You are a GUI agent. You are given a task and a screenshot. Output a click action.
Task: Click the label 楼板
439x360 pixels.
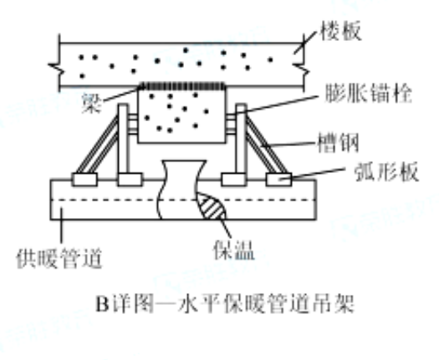(x=340, y=31)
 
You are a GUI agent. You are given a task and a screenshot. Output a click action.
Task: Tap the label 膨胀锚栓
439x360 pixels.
(x=369, y=94)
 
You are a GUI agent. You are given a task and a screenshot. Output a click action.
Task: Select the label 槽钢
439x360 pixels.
(x=338, y=143)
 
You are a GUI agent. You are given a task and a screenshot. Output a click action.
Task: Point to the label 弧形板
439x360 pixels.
(x=386, y=171)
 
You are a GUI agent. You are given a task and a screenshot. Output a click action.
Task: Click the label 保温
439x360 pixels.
(x=234, y=250)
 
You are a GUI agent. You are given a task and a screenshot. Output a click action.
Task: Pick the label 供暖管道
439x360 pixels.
(x=59, y=258)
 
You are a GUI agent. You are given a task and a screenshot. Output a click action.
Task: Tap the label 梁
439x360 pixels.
(x=91, y=103)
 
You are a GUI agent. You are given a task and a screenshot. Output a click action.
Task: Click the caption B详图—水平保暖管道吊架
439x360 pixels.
(x=225, y=303)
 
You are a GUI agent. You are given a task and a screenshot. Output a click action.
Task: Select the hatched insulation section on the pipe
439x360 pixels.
(x=212, y=206)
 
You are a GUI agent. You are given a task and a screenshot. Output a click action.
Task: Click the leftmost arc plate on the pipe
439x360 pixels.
(x=84, y=180)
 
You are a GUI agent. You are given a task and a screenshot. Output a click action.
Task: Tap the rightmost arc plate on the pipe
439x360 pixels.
(x=278, y=180)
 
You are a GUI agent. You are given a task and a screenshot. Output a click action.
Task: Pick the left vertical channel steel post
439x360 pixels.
(x=123, y=139)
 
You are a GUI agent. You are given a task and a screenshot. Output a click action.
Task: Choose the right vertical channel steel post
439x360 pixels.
(x=242, y=139)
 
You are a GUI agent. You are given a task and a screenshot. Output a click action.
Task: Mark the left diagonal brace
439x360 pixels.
(x=98, y=145)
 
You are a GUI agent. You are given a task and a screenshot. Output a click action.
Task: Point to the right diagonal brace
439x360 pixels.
(x=266, y=145)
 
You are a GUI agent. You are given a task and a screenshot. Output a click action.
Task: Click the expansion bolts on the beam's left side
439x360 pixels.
(x=133, y=122)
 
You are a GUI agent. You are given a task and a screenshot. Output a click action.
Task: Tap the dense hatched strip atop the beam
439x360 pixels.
(x=182, y=86)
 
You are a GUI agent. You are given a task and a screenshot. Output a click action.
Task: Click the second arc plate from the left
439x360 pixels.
(x=130, y=180)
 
